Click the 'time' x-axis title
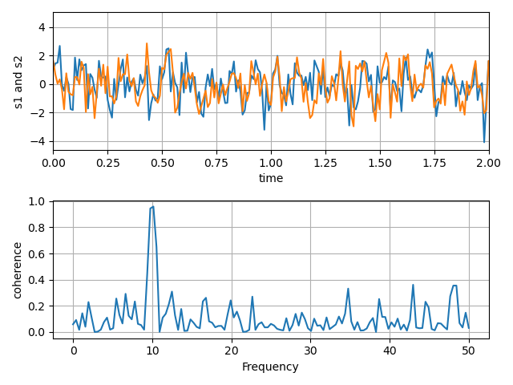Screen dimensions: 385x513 point(271,178)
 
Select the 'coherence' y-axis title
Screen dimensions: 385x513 point(18,269)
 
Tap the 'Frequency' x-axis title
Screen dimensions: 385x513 point(271,367)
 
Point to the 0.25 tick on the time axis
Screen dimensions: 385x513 point(108,162)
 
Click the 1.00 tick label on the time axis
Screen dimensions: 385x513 point(271,162)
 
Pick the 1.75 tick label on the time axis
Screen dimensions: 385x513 point(434,162)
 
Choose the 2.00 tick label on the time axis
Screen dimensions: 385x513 point(489,162)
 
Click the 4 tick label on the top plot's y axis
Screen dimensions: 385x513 point(42,27)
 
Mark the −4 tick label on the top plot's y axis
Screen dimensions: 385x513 point(38,141)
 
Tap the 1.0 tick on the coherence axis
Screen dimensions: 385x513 point(37,201)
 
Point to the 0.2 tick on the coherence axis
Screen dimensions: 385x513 point(37,306)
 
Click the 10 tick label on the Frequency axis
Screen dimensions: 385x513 point(152,351)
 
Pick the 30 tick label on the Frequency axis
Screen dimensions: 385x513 point(311,351)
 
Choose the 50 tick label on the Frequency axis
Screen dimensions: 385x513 point(469,351)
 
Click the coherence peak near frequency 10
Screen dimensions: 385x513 point(152,207)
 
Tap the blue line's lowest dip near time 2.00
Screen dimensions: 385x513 point(484,142)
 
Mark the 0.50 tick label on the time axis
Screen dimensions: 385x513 point(162,162)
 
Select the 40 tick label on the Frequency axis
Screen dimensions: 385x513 point(390,351)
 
